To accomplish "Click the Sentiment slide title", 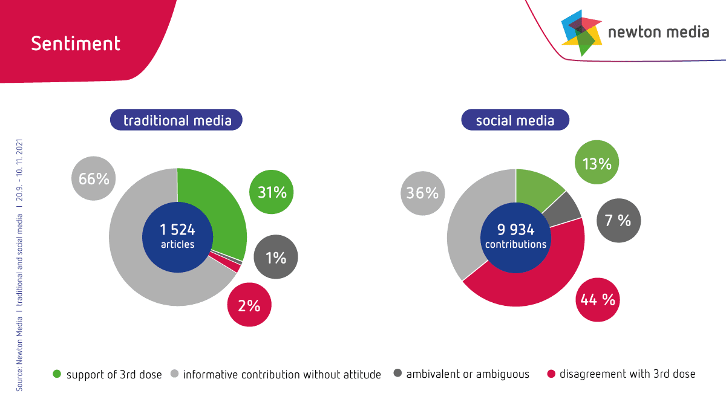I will coord(76,44).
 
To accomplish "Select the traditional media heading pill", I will coord(177,120).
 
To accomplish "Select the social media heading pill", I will coord(515,120).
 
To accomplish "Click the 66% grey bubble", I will coord(94,178).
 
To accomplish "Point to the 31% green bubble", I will coord(272,192).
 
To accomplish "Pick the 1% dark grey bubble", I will coord(276,258).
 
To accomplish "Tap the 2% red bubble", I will coord(249,305).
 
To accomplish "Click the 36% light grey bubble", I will coord(422,193).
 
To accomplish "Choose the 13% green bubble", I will coord(597,163).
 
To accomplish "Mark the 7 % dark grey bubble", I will coord(618,221).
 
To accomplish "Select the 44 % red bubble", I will coord(598,299).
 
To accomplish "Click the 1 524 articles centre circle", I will coord(177,236).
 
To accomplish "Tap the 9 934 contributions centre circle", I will coord(515,236).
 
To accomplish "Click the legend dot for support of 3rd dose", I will coord(57,374).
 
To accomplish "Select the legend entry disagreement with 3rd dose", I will coord(627,374).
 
